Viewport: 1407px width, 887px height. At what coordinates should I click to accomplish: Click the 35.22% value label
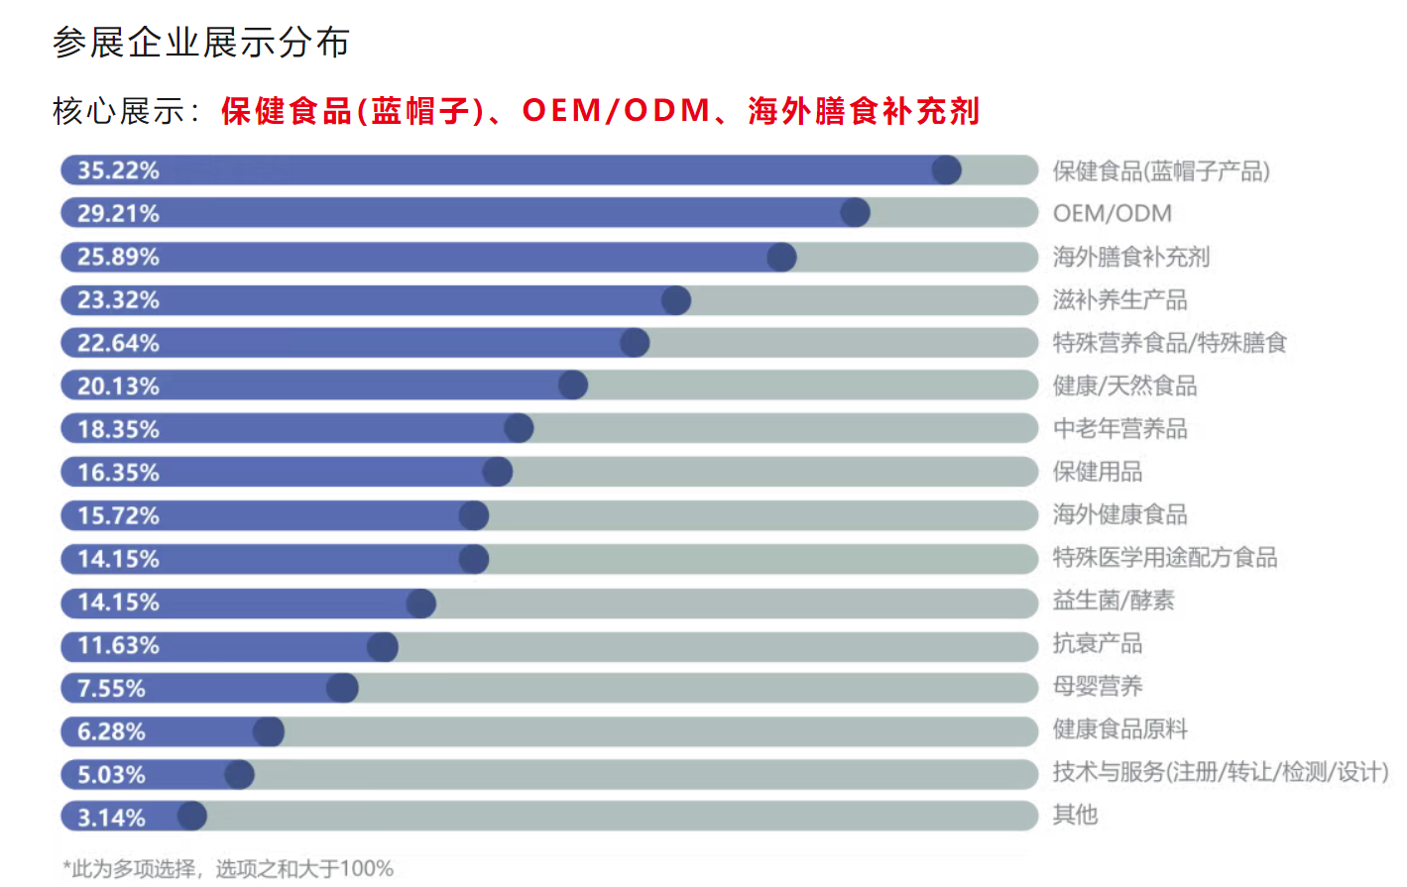[118, 170]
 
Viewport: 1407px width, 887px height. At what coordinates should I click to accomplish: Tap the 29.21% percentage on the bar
[118, 213]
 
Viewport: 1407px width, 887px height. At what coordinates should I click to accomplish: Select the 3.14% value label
[111, 818]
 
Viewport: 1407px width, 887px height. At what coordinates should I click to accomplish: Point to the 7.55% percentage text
[111, 688]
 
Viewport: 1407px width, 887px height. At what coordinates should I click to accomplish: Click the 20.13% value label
[118, 386]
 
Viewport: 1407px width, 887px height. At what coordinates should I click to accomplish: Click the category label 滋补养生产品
[1119, 299]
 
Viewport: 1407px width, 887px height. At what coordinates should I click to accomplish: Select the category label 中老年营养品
[1119, 428]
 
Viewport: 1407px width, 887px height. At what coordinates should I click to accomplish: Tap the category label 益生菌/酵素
[1113, 601]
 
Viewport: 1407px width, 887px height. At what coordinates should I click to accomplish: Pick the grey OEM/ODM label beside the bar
[1112, 213]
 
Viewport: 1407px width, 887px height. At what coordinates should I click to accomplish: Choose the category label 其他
[1075, 815]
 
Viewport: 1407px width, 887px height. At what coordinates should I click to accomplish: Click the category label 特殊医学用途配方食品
[1164, 557]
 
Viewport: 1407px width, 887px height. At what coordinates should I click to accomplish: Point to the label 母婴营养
[1097, 686]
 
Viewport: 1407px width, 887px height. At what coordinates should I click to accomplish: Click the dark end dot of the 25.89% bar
[781, 257]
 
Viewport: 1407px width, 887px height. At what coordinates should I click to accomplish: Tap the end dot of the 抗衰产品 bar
[383, 646]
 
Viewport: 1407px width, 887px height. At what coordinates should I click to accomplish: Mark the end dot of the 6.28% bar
[269, 731]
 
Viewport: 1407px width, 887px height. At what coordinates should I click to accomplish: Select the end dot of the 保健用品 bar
[498, 472]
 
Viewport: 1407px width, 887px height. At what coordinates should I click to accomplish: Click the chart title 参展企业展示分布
[201, 43]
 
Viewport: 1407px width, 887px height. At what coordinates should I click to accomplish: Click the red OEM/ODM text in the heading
[616, 110]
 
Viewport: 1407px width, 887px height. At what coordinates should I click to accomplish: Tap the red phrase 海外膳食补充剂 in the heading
[863, 110]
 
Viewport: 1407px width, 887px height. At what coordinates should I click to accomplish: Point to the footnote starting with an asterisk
[228, 868]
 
